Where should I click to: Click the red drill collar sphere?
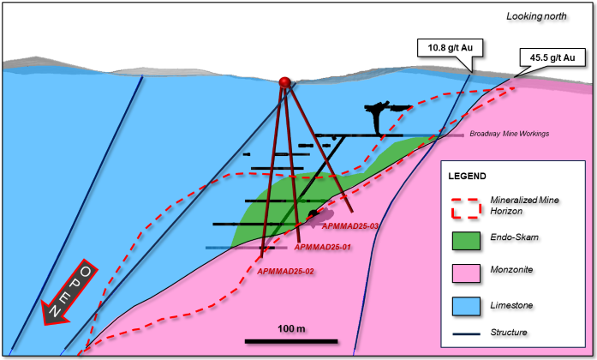click(x=284, y=82)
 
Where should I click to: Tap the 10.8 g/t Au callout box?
click(x=450, y=48)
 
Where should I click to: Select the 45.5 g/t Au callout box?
click(x=552, y=57)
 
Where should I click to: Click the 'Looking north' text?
click(x=536, y=16)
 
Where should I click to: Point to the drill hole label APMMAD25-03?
click(x=350, y=226)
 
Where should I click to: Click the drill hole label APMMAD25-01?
click(x=323, y=247)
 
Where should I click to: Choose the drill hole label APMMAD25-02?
click(x=285, y=272)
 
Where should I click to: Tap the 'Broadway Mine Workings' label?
click(x=509, y=134)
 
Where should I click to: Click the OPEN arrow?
click(x=69, y=292)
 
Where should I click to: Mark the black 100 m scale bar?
click(x=291, y=341)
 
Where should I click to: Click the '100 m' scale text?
click(x=291, y=329)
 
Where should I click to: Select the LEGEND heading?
click(x=467, y=177)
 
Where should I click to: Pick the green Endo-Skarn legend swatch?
click(x=466, y=241)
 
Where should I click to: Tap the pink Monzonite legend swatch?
click(x=466, y=273)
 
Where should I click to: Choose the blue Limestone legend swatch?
click(x=466, y=306)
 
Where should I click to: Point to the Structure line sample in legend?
click(x=467, y=334)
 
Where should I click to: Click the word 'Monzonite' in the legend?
click(x=511, y=270)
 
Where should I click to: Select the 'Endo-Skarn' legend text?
click(x=514, y=237)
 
